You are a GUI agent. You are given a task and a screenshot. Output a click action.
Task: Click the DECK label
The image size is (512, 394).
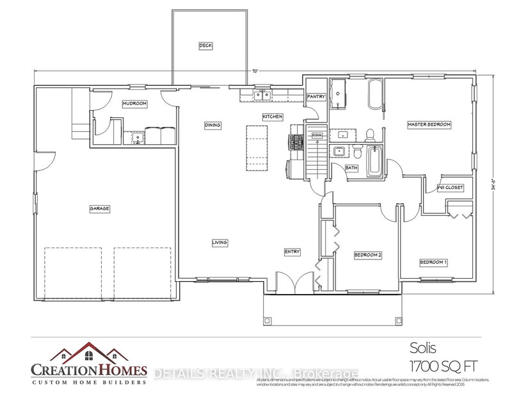pyautogui.click(x=205, y=45)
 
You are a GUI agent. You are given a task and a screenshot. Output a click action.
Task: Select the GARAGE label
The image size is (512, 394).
pyautogui.click(x=99, y=208)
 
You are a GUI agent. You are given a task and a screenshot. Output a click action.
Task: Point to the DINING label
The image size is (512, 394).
pyautogui.click(x=212, y=126)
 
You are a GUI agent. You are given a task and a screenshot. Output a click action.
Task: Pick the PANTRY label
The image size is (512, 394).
pyautogui.click(x=316, y=97)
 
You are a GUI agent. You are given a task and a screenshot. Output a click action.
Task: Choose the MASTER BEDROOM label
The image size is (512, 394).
pyautogui.click(x=429, y=124)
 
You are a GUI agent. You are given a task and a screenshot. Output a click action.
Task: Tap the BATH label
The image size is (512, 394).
pyautogui.click(x=351, y=168)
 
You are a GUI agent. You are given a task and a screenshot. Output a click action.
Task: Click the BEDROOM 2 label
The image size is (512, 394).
pyautogui.click(x=368, y=255)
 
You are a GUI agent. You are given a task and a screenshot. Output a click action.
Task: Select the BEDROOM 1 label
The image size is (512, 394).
pyautogui.click(x=433, y=262)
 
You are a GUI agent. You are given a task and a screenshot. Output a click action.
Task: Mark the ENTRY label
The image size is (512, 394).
pyautogui.click(x=292, y=252)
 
